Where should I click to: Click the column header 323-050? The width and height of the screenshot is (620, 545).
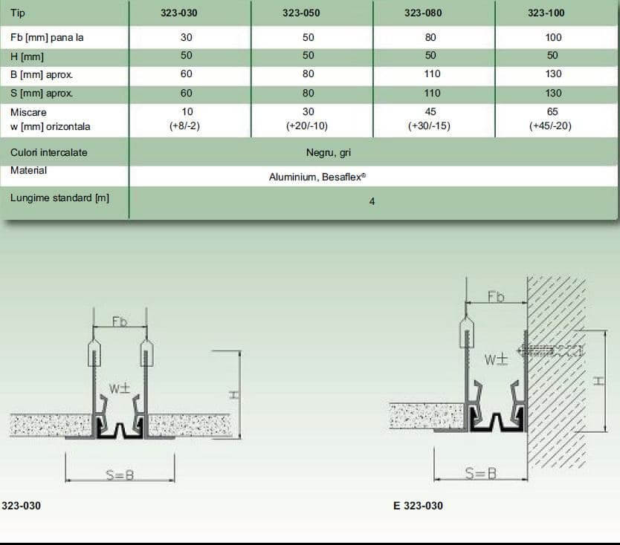[301, 13]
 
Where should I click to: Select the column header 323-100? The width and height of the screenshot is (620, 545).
[546, 13]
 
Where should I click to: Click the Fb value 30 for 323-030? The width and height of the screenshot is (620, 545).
[187, 38]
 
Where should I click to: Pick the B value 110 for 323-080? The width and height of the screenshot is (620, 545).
[432, 74]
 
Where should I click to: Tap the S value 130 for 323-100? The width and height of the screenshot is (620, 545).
[553, 94]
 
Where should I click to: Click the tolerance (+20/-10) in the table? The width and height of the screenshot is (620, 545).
[307, 126]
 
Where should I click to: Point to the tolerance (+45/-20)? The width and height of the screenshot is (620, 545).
[550, 126]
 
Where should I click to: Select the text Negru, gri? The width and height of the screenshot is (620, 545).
[329, 152]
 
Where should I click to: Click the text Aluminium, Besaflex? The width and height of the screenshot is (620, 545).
[317, 177]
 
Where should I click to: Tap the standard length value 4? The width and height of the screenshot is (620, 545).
[372, 201]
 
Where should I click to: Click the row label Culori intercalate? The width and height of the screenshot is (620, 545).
[48, 152]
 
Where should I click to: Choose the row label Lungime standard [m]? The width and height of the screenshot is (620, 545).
[59, 198]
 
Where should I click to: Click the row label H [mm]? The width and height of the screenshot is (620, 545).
[27, 57]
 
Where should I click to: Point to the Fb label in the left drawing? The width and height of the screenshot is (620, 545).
[120, 322]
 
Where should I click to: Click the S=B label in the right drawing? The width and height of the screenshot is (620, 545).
[481, 473]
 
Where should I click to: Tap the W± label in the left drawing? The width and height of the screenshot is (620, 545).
[120, 388]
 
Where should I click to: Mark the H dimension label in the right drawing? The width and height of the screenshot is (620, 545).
[598, 381]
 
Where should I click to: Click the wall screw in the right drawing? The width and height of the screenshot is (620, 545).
[550, 350]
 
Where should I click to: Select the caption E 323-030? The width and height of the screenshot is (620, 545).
[419, 506]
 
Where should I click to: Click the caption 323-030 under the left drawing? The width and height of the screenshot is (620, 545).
[22, 506]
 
